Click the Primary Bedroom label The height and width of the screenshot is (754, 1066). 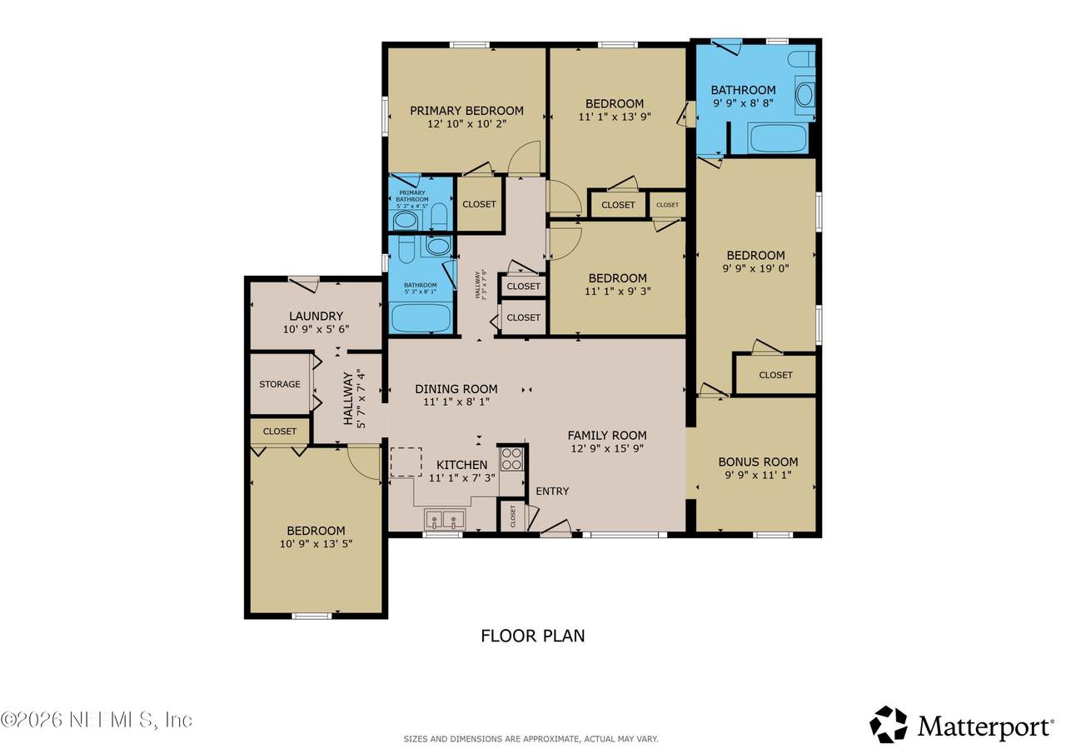466,111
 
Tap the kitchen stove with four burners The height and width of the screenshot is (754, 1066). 511,459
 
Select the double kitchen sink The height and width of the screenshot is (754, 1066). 444,520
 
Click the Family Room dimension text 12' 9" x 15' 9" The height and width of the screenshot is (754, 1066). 606,448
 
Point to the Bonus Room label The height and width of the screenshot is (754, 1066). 758,462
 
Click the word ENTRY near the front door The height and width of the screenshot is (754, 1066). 552,491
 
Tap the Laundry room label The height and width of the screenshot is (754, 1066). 316,316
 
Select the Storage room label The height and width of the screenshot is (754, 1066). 280,384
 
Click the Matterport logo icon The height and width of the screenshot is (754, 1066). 889,724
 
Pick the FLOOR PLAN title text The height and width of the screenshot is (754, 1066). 532,636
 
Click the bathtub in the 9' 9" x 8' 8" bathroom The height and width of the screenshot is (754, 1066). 777,138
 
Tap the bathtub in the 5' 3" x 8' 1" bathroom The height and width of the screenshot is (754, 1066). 421,317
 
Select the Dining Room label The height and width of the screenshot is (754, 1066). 456,389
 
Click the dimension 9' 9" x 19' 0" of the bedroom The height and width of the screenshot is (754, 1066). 755,268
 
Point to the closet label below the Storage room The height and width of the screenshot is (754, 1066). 280,432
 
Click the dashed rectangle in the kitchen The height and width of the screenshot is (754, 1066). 406,462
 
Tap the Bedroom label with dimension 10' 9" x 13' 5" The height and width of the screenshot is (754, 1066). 316,531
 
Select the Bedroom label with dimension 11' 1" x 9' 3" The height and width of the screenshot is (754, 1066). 617,278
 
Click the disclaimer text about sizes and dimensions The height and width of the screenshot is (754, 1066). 531,739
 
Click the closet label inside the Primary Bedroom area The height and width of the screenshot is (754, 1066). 479,204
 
